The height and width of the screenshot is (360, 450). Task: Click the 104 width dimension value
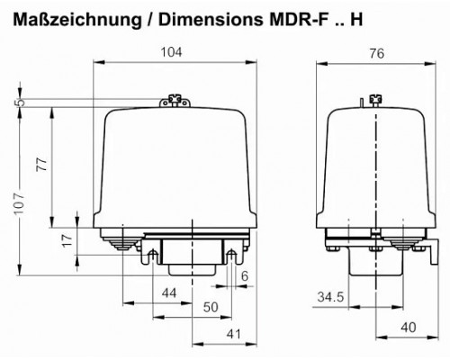click(x=171, y=52)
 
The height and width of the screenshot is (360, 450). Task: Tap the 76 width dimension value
click(x=377, y=54)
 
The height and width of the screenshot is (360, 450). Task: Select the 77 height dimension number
click(x=42, y=165)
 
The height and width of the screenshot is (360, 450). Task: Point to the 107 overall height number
click(x=19, y=203)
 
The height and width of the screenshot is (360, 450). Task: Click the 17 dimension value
click(x=67, y=240)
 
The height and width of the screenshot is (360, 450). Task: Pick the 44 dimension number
click(x=169, y=293)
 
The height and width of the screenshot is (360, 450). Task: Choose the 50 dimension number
click(x=211, y=307)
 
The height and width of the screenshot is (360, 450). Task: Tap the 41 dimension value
click(x=234, y=334)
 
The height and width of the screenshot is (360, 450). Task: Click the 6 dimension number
click(x=245, y=276)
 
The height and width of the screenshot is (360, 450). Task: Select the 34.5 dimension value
click(x=330, y=297)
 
